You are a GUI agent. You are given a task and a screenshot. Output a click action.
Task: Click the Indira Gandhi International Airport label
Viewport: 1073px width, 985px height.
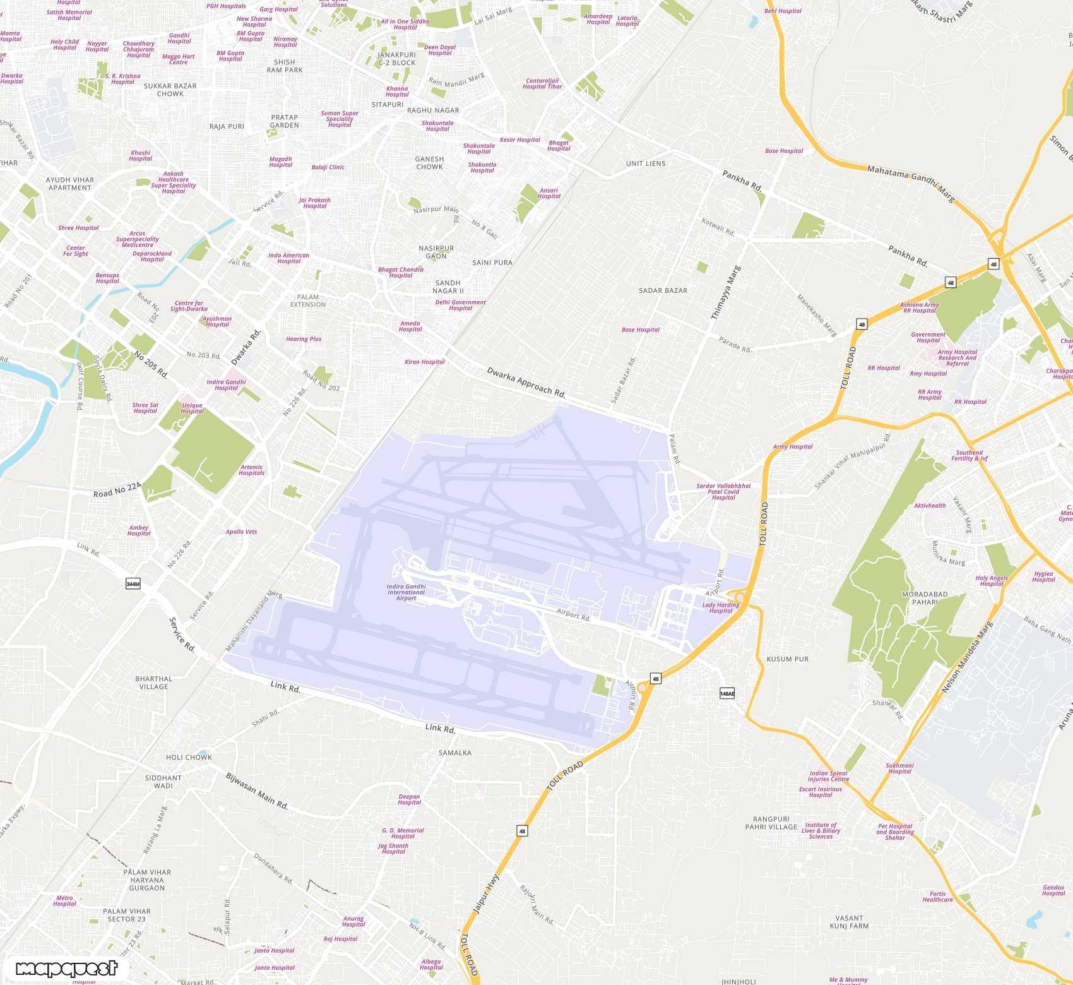[406, 592]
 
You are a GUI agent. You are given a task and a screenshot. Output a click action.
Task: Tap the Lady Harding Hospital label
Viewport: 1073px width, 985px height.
[720, 607]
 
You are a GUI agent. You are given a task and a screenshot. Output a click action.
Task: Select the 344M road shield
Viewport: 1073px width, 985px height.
[133, 584]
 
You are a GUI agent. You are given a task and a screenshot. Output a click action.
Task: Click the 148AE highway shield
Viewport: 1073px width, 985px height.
[727, 693]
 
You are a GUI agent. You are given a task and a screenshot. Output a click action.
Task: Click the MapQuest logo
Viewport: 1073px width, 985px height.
[66, 969]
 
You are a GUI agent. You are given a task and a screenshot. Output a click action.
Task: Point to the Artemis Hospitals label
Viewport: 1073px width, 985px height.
[251, 470]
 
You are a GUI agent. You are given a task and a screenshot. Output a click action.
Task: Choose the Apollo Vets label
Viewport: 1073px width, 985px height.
[241, 532]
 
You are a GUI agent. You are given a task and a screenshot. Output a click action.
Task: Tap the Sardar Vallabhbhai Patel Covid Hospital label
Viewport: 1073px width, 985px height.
[723, 491]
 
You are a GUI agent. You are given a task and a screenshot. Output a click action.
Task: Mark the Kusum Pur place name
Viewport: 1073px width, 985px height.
[787, 659]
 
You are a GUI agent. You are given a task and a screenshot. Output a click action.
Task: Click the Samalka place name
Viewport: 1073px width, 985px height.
[454, 753]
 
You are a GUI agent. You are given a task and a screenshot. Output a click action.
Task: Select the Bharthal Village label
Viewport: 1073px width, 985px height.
[153, 683]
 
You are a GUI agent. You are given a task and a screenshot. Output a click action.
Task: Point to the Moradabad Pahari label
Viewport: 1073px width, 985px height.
[925, 598]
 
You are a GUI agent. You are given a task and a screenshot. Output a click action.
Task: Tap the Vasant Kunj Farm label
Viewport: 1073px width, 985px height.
[849, 922]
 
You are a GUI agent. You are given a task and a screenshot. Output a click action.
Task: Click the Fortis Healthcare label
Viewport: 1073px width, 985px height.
[937, 897]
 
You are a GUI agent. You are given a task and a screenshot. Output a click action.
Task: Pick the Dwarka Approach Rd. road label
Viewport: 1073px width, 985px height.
[526, 382]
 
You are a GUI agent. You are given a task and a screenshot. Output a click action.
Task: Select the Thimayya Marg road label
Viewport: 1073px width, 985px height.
[725, 292]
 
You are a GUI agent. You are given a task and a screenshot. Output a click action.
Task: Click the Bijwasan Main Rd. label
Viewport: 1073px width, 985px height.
[257, 791]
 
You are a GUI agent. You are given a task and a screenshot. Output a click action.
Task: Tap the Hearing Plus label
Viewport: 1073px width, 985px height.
[304, 339]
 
